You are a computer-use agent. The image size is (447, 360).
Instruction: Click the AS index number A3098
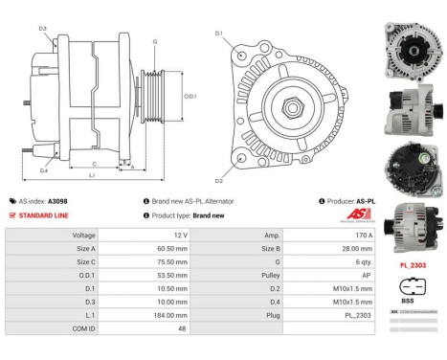(56, 202)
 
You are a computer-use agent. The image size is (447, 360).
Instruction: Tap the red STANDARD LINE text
(45, 215)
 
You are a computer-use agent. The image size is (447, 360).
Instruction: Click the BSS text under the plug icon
(410, 300)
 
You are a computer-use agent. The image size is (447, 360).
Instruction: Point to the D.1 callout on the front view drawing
(218, 34)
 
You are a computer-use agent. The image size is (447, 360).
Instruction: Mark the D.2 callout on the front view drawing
(218, 180)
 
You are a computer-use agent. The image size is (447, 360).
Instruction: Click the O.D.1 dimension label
(190, 96)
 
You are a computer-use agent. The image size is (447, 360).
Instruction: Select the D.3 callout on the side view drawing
(43, 29)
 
